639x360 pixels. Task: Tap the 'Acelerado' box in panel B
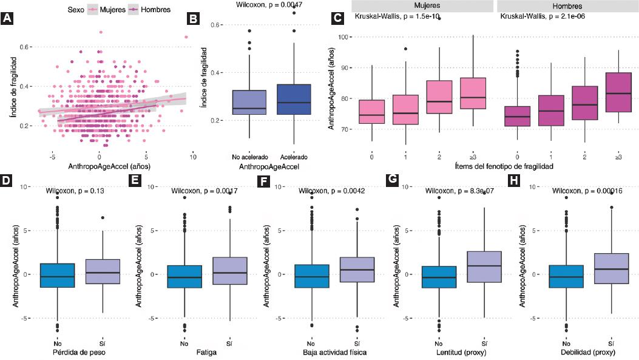click(x=293, y=100)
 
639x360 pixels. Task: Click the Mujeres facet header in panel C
click(x=422, y=5)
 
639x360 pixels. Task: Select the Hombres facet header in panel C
click(x=567, y=5)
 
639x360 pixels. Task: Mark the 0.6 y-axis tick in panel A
click(x=26, y=47)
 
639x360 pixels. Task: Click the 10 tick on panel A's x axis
click(x=192, y=156)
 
